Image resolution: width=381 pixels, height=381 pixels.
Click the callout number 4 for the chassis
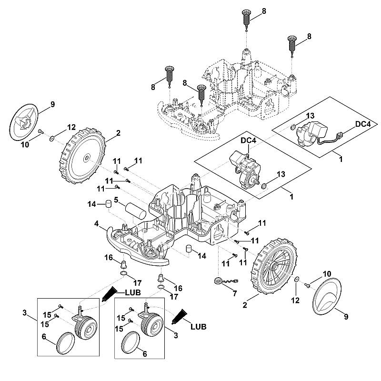[x=97, y=223]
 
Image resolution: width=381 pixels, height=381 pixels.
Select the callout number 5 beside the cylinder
[x=116, y=200]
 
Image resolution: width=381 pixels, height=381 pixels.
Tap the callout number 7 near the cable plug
[x=234, y=293]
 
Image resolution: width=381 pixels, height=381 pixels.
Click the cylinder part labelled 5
[x=136, y=212]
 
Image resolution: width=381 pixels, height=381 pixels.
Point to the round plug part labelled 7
[x=218, y=281]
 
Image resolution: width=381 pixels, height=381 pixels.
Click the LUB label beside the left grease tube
[x=133, y=292]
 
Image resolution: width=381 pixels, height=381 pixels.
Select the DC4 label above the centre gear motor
[x=248, y=140]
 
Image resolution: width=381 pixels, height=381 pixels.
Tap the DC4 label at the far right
[x=363, y=124]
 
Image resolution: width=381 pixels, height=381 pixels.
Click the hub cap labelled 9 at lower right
[x=327, y=296]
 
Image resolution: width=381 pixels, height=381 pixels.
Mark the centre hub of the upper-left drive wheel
[x=87, y=158]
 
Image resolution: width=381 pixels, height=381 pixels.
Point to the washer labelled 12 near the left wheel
[x=51, y=139]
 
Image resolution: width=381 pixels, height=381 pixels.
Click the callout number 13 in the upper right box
[x=310, y=116]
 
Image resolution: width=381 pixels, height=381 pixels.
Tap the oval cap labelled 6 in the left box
[x=66, y=343]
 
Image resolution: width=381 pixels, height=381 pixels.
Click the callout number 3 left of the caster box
[x=24, y=313]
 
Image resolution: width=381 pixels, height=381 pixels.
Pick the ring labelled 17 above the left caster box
[x=123, y=273]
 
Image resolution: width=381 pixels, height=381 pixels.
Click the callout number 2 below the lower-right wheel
[x=245, y=305]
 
